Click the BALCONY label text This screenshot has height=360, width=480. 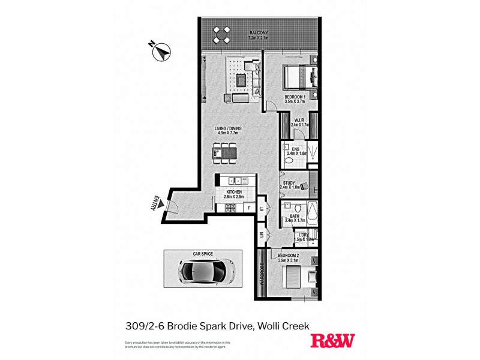click(x=261, y=33)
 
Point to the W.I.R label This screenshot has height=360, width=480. click(x=299, y=121)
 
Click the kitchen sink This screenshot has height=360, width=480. click(x=238, y=180)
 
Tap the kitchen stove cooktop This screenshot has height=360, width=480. click(x=230, y=208)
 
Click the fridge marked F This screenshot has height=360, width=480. click(x=249, y=208)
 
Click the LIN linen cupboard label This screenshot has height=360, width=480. click(x=262, y=236)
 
